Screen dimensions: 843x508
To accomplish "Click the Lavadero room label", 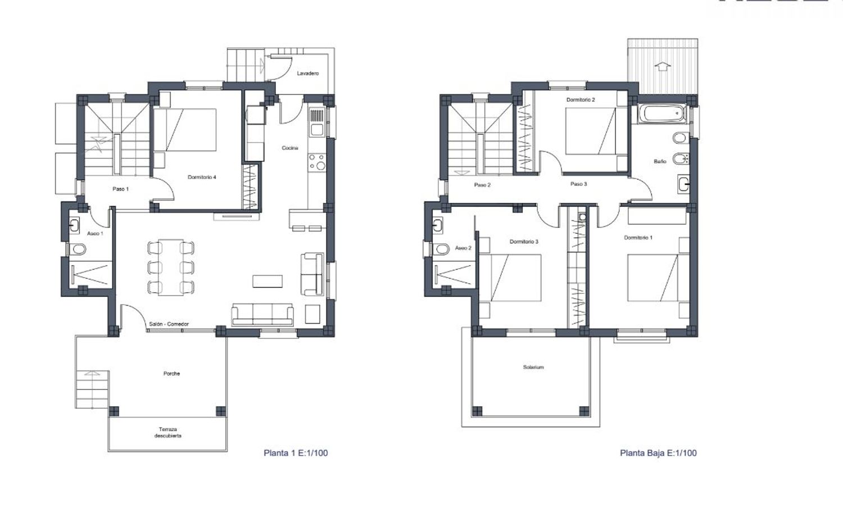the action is coord(308,74).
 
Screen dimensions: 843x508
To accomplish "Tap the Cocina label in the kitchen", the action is coord(290,148).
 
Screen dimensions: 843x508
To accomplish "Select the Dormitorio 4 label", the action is coord(202,177).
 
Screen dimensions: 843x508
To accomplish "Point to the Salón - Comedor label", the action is coord(169,324).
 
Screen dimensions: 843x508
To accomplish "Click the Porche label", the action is coord(171,374).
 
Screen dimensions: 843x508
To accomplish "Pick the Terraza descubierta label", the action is coord(168,432).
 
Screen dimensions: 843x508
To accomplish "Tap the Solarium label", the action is coord(533,368).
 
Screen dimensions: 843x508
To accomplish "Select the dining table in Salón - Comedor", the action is coord(171,267).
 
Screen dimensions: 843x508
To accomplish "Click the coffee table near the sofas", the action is coord(268,281).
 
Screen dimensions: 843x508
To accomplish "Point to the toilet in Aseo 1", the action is coord(78,249).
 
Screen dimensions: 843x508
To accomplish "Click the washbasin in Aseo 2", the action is coord(437,226).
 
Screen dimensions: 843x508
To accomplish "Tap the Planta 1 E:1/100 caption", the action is coord(296,453).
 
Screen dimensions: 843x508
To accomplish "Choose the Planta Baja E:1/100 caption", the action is coord(658,453).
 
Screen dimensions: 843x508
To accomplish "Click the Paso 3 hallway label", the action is coord(578,184).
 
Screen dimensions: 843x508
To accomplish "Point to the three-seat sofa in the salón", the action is coord(262,314).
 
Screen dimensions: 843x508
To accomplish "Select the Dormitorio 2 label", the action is coord(581,99).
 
